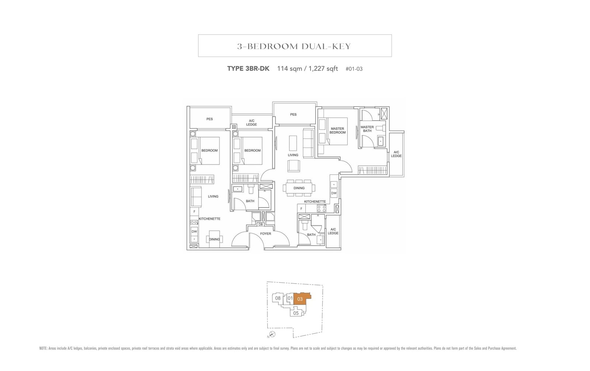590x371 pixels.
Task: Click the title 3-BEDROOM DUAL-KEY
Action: click(294, 46)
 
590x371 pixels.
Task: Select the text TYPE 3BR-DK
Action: click(248, 69)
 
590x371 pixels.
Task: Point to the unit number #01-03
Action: click(354, 69)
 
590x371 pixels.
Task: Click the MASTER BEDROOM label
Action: click(337, 131)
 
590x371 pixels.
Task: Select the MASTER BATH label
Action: click(367, 129)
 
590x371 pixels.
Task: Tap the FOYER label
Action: click(265, 233)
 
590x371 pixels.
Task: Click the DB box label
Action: click(260, 224)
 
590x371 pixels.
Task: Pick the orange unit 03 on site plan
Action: click(300, 299)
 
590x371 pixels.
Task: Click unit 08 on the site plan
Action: click(278, 298)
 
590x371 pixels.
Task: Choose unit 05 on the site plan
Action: click(296, 313)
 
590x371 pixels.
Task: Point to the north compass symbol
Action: click(273, 334)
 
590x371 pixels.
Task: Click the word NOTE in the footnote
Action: click(43, 348)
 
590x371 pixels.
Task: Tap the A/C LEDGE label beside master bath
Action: click(396, 154)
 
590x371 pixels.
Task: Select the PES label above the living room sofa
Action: click(293, 114)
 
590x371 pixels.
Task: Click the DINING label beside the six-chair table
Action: click(299, 188)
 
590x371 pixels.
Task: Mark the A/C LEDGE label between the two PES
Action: click(251, 122)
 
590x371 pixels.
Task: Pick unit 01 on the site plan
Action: click(290, 298)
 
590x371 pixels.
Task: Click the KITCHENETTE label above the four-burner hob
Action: click(315, 202)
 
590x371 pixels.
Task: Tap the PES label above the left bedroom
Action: click(209, 119)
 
